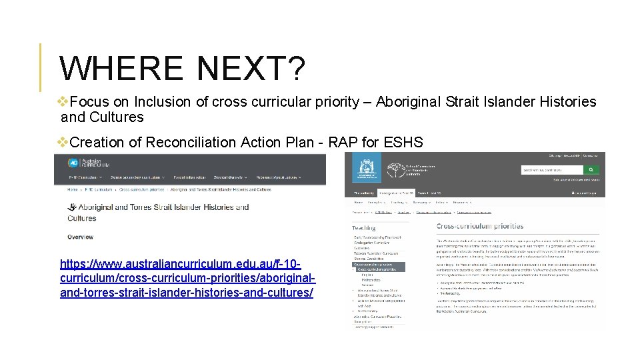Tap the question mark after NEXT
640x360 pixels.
pos(296,69)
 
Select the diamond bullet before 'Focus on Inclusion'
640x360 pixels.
pos(63,102)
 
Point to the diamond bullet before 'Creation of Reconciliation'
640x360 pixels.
pos(63,143)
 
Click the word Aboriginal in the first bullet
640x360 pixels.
pos(409,102)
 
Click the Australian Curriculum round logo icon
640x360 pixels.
pos(73,163)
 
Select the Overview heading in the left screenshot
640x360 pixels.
pos(80,237)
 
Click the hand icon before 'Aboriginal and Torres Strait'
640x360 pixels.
pos(72,207)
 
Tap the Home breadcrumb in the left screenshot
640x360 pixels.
pos(72,189)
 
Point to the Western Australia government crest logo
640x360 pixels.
pos(366,170)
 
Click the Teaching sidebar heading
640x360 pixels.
pos(364,228)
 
